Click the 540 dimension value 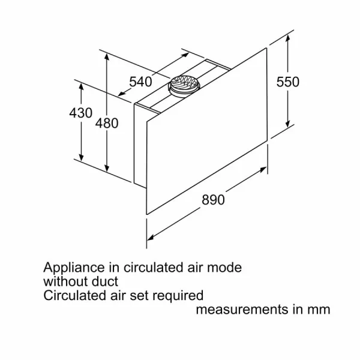[x=140, y=82]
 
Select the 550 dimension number [x=287, y=82]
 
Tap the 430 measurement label [x=81, y=113]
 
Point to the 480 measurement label [x=107, y=123]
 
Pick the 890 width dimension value [x=213, y=200]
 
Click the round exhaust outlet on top [x=184, y=86]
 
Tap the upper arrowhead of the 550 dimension [x=287, y=38]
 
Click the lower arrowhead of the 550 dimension [x=287, y=123]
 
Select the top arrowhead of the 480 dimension [x=107, y=57]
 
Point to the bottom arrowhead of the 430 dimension [x=81, y=157]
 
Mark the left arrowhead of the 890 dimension [x=151, y=238]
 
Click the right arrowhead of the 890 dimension [x=263, y=170]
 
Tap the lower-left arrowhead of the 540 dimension [x=122, y=93]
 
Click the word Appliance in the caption [x=74, y=268]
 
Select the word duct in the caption [x=105, y=281]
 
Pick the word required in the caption [x=178, y=296]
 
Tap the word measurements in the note [x=242, y=310]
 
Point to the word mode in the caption [x=224, y=268]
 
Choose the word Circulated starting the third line [x=75, y=295]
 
